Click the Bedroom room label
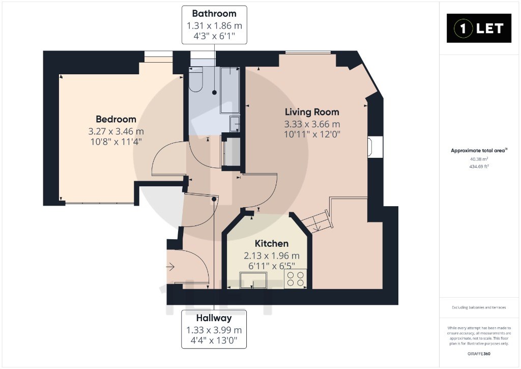click(x=116, y=119)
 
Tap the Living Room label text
click(x=312, y=112)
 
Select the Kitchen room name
click(x=272, y=243)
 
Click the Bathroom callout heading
click(x=214, y=14)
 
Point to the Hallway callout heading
click(x=214, y=318)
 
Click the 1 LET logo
click(x=479, y=29)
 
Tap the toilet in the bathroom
click(x=196, y=79)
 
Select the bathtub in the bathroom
click(x=230, y=90)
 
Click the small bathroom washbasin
click(x=235, y=124)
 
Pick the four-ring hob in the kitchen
click(x=296, y=278)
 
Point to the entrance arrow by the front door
click(x=170, y=267)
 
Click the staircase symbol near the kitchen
click(x=316, y=221)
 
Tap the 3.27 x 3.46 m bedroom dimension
click(x=116, y=131)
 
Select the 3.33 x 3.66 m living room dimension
click(x=312, y=124)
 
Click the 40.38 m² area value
click(x=479, y=159)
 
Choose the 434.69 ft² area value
click(x=479, y=166)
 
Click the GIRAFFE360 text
click(x=479, y=354)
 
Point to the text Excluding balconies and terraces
click(x=479, y=307)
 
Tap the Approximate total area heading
click(x=479, y=151)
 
